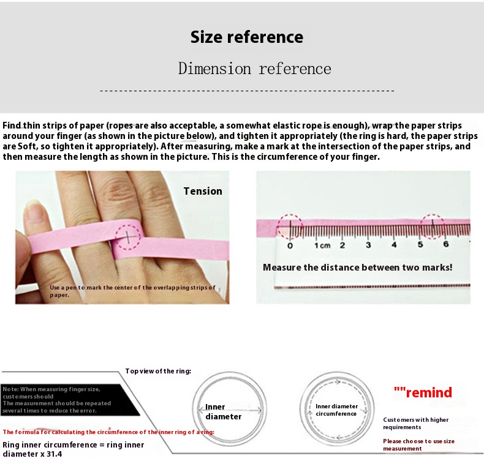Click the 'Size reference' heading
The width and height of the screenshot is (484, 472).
[246, 37]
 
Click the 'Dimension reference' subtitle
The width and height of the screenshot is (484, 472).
[254, 69]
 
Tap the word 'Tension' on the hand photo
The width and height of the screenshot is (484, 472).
[203, 191]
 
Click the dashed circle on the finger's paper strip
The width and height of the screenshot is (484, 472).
[129, 234]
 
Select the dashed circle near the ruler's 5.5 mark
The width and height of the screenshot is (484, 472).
[433, 227]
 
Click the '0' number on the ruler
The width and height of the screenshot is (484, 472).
[290, 245]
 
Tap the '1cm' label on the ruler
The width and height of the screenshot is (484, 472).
[322, 245]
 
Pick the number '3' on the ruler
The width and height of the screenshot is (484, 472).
[368, 245]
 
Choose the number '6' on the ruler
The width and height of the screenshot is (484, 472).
[445, 244]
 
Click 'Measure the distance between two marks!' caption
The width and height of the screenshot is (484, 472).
[357, 268]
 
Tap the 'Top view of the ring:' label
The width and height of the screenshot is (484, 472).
[158, 371]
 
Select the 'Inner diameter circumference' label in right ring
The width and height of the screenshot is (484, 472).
[336, 410]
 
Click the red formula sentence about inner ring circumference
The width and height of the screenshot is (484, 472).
[108, 432]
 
